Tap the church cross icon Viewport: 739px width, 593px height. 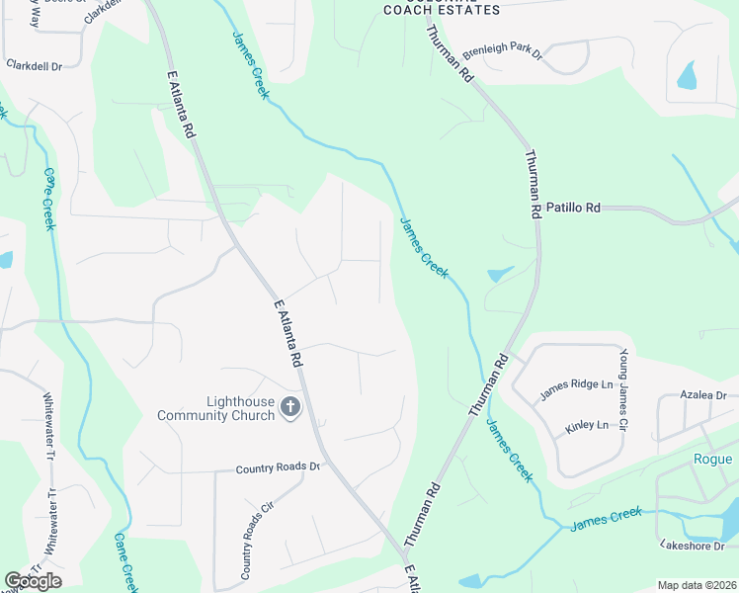[x=290, y=406]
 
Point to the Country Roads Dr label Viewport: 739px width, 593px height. [x=279, y=467]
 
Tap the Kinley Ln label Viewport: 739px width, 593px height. [x=587, y=425]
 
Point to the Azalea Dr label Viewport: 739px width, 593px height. [x=703, y=395]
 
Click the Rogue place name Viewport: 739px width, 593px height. [x=712, y=459]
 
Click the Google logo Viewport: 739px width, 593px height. [x=33, y=581]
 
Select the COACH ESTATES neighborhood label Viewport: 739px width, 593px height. [x=442, y=9]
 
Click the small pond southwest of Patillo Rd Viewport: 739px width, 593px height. [x=499, y=274]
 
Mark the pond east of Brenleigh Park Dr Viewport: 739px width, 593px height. [x=685, y=74]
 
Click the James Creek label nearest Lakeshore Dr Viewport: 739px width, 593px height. [x=606, y=517]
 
